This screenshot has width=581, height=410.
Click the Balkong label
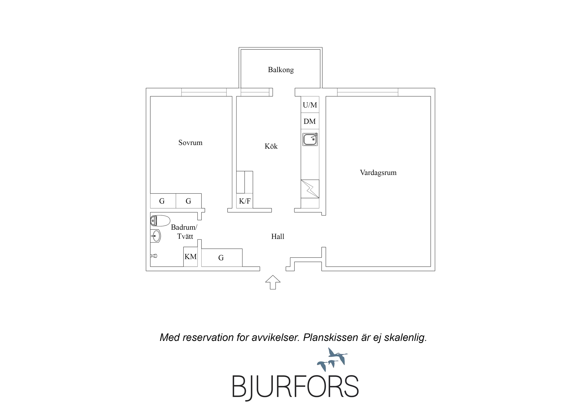tap(281, 70)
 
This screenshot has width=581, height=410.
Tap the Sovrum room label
tap(190, 142)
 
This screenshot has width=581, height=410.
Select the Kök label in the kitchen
tap(271, 146)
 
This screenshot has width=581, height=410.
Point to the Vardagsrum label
tap(378, 173)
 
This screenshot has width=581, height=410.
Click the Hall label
tap(278, 236)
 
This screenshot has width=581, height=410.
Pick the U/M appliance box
tap(310, 105)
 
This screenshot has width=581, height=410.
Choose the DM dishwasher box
tap(310, 121)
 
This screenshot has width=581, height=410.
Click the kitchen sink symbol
tap(310, 139)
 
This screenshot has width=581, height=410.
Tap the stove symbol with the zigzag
tap(310, 189)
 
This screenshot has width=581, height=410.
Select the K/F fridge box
tap(244, 201)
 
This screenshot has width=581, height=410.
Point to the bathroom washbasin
tap(156, 236)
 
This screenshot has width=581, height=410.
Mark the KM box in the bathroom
tap(190, 257)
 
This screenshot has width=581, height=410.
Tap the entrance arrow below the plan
tap(273, 282)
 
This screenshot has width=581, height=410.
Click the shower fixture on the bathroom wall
tap(154, 256)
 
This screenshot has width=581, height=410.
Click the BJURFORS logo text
tap(295, 387)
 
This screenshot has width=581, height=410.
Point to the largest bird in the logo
tap(337, 355)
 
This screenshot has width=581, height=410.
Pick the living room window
tap(367, 92)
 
